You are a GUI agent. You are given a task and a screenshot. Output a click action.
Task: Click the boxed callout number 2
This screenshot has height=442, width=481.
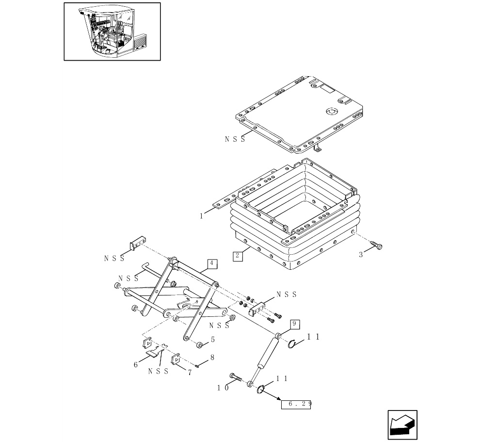point(238,256)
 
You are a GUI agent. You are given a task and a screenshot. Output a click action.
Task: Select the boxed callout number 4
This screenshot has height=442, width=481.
point(212,263)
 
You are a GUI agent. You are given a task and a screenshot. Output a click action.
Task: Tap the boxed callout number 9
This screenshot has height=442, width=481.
point(294,324)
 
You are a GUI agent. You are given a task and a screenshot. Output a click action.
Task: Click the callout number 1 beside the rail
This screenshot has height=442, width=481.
point(202,216)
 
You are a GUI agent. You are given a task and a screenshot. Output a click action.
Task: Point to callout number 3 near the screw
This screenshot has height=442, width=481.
point(361,255)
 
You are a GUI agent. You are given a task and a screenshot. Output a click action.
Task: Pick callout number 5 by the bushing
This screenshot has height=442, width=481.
point(212,340)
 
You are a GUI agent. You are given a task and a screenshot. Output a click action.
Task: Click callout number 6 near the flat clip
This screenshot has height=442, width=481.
point(136,365)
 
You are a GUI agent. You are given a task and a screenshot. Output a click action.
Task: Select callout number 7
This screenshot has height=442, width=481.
point(190,373)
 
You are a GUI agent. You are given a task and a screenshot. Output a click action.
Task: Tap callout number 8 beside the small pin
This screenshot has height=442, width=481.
point(212,358)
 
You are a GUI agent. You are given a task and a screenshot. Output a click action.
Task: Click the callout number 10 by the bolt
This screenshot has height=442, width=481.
point(223,388)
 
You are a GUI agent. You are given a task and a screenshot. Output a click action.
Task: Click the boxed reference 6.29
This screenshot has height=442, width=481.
point(296,404)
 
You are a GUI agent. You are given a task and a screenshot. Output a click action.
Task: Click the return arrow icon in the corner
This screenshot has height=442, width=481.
point(402,425)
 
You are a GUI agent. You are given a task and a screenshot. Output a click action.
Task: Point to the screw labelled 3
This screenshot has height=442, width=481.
point(376,245)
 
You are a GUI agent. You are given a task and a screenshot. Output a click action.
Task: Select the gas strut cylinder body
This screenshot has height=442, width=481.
point(268,352)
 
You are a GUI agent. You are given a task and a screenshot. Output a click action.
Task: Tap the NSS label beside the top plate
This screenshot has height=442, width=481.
point(235,139)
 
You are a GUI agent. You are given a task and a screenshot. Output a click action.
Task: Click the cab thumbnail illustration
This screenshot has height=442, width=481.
point(112,32)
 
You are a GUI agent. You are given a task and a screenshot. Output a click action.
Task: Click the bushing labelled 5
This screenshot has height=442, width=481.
point(200,345)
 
